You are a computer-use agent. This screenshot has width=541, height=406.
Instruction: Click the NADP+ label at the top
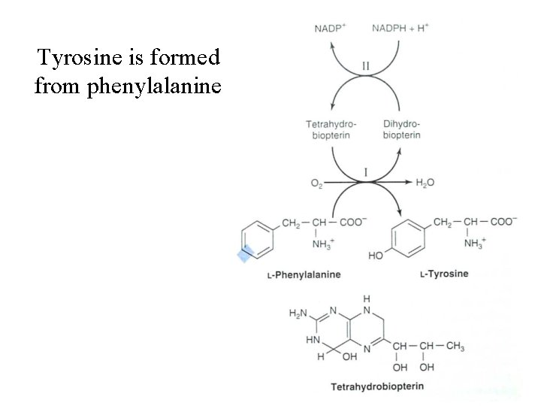point(330,29)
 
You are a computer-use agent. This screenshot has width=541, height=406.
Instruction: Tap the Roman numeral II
point(365,66)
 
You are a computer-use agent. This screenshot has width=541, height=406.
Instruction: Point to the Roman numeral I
point(365,172)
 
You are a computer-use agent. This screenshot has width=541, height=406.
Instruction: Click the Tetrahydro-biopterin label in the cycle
point(331,129)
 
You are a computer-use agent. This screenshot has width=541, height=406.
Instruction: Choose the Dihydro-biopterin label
point(401,129)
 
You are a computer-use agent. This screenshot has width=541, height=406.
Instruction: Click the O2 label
point(317,183)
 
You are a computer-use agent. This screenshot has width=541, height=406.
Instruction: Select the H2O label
point(425,183)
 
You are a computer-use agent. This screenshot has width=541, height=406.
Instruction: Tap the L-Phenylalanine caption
point(304,274)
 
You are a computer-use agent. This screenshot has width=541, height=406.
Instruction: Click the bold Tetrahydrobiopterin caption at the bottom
point(377,387)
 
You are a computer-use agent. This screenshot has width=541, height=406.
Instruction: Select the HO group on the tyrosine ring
point(376,256)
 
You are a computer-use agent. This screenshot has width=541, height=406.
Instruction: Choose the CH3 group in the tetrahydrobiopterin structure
point(455,346)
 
